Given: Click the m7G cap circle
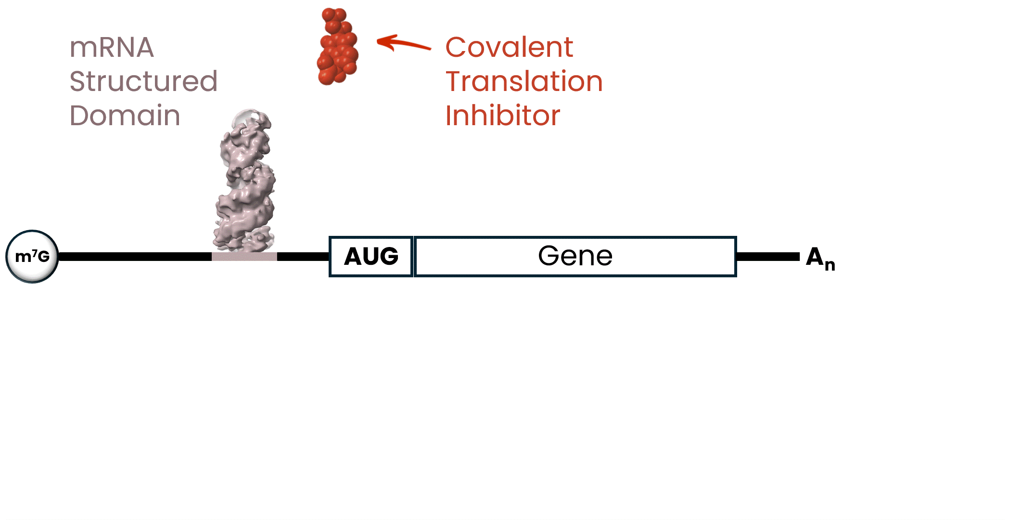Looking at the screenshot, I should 32,256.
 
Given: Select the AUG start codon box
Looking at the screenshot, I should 371,256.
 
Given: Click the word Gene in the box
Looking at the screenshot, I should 575,256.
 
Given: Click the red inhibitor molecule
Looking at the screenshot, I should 338,47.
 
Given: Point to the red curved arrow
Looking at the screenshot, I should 404,43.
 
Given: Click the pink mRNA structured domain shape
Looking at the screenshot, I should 244,188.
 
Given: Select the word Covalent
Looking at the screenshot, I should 509,47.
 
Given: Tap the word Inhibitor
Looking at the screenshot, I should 503,116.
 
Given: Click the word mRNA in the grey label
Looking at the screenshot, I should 112,47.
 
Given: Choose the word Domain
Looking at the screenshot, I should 125,116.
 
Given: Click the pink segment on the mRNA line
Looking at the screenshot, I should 244,257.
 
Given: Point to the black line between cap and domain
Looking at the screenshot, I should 135,257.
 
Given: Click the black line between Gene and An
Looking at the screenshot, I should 768,257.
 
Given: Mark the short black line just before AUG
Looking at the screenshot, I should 303,257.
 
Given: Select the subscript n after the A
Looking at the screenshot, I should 830,265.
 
